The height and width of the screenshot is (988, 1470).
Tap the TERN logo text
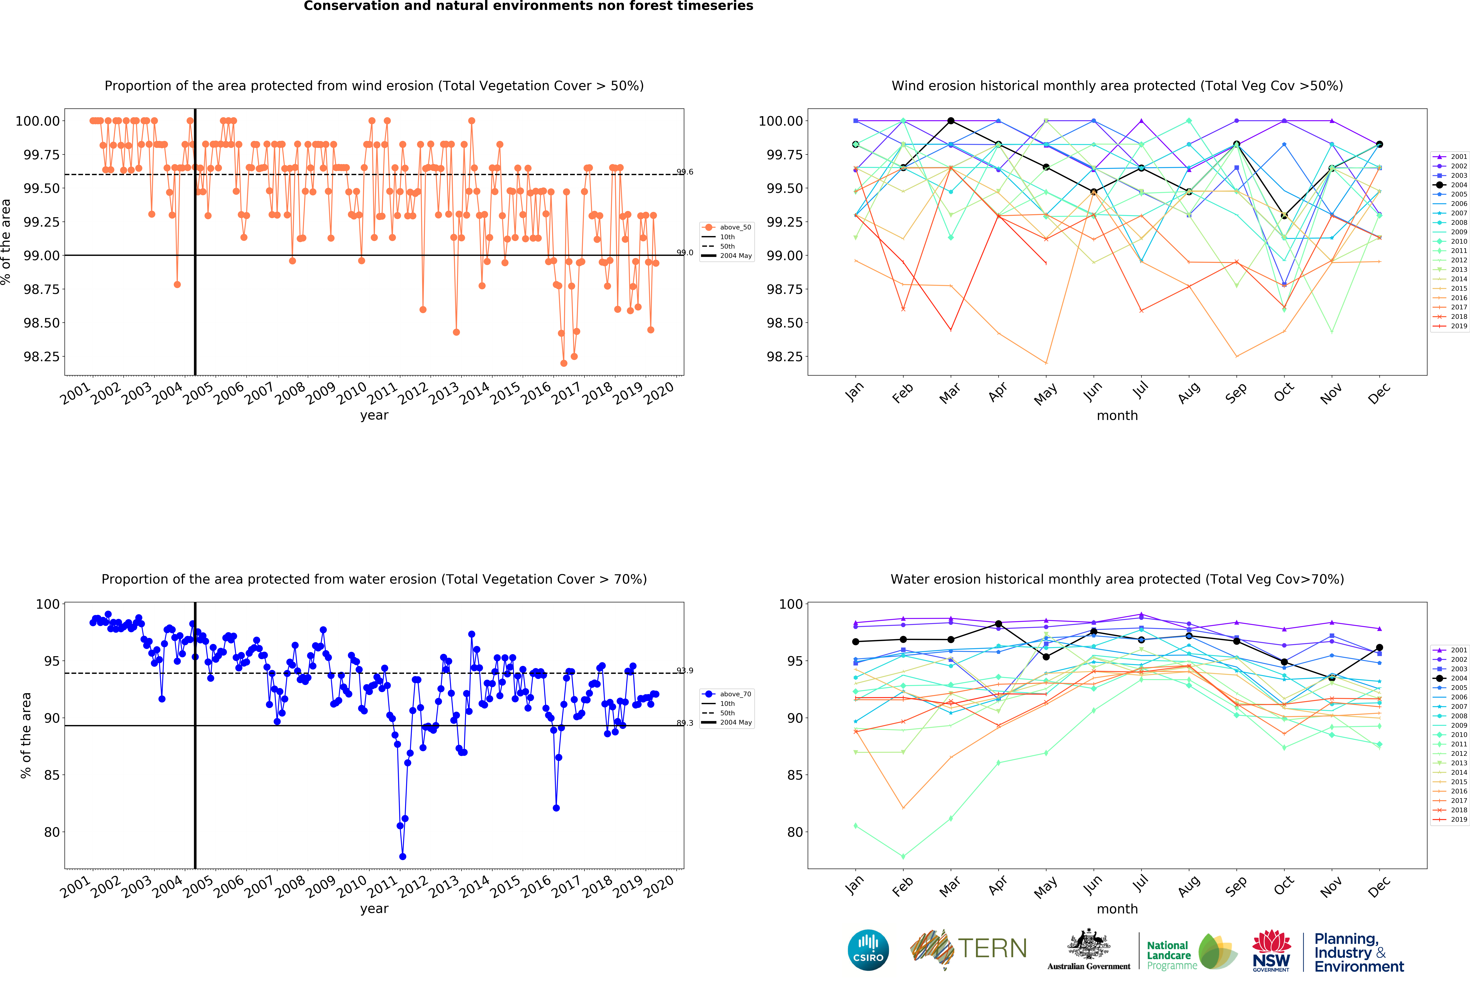[992, 948]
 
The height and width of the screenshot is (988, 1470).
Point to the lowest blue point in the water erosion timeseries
[403, 856]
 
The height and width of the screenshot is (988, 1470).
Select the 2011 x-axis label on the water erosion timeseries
[382, 888]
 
